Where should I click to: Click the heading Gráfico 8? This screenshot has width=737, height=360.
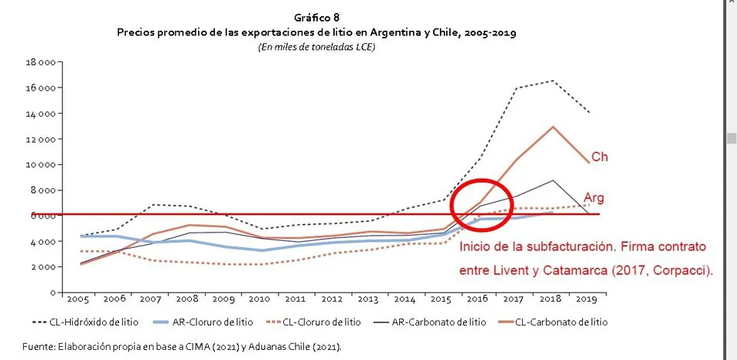[x=316, y=17]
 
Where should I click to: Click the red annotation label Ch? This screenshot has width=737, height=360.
[x=600, y=157]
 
